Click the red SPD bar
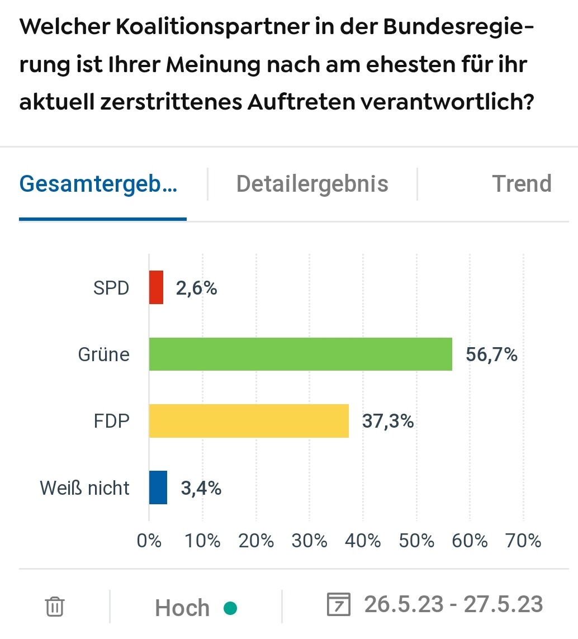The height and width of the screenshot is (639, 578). click(156, 287)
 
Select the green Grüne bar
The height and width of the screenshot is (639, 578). click(300, 354)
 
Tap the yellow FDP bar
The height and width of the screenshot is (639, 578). click(249, 420)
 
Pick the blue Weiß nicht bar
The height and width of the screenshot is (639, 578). click(158, 487)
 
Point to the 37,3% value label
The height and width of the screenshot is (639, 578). click(388, 420)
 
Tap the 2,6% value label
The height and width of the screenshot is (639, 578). click(196, 288)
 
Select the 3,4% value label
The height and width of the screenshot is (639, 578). click(201, 488)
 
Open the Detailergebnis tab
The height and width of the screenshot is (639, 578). click(312, 183)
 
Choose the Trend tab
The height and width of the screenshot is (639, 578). click(522, 183)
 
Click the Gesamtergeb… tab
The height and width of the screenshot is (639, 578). click(98, 183)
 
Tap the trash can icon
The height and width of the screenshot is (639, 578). click(55, 607)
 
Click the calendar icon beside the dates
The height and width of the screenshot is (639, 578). click(338, 605)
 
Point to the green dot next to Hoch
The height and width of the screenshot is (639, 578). click(230, 608)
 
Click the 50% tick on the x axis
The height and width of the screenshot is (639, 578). click(417, 541)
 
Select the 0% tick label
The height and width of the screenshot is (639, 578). click(149, 541)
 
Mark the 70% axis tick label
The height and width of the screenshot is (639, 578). click(524, 541)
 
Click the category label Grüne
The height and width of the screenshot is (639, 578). click(103, 354)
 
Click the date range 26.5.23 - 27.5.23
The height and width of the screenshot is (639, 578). click(453, 604)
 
